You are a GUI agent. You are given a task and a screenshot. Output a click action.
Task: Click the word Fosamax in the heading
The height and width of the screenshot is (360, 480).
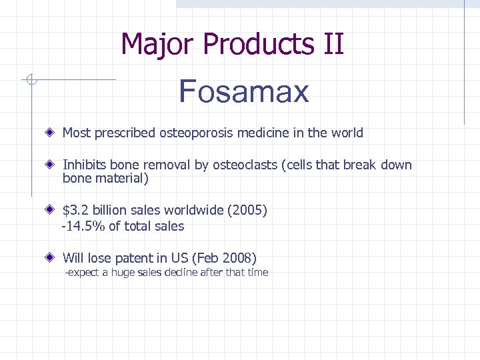[244, 91]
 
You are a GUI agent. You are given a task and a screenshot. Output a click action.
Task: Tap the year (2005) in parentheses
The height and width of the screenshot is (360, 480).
[247, 211]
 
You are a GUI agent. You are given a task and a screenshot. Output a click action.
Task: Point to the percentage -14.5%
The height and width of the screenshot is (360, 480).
[83, 227]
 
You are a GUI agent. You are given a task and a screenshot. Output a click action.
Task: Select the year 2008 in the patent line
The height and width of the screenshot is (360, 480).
[238, 258]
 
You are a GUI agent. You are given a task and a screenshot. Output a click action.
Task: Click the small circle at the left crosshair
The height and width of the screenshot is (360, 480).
[31, 81]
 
